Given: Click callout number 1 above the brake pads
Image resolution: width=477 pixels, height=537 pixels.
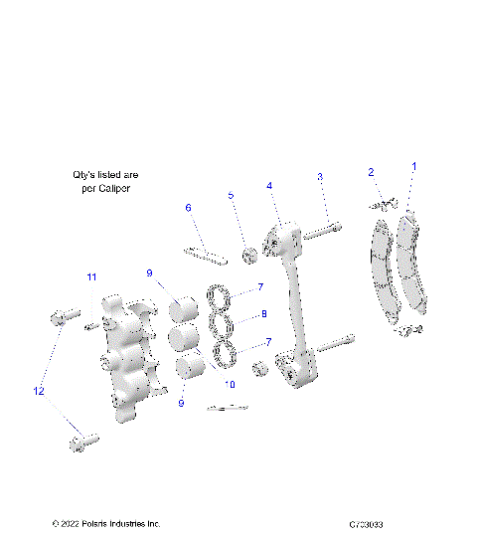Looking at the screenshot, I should [414, 166].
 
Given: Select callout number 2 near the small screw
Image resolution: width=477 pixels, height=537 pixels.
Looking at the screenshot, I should [371, 173].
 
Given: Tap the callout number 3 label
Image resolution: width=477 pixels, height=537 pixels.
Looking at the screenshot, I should [320, 177].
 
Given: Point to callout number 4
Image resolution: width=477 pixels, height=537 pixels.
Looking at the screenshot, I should [268, 186].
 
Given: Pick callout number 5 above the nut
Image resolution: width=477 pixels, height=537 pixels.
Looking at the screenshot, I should [232, 196].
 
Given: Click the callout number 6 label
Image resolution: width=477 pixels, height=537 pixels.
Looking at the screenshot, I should [187, 208].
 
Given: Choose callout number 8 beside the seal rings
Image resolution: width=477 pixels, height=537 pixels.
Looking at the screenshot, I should [263, 314].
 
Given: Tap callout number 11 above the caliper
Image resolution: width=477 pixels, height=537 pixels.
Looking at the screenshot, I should [90, 276].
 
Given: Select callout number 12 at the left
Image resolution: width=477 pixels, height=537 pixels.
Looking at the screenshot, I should [39, 392].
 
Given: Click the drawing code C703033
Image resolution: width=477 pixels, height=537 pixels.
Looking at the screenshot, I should [367, 524].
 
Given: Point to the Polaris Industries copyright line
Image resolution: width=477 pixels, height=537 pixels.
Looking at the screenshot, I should [105, 524].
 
